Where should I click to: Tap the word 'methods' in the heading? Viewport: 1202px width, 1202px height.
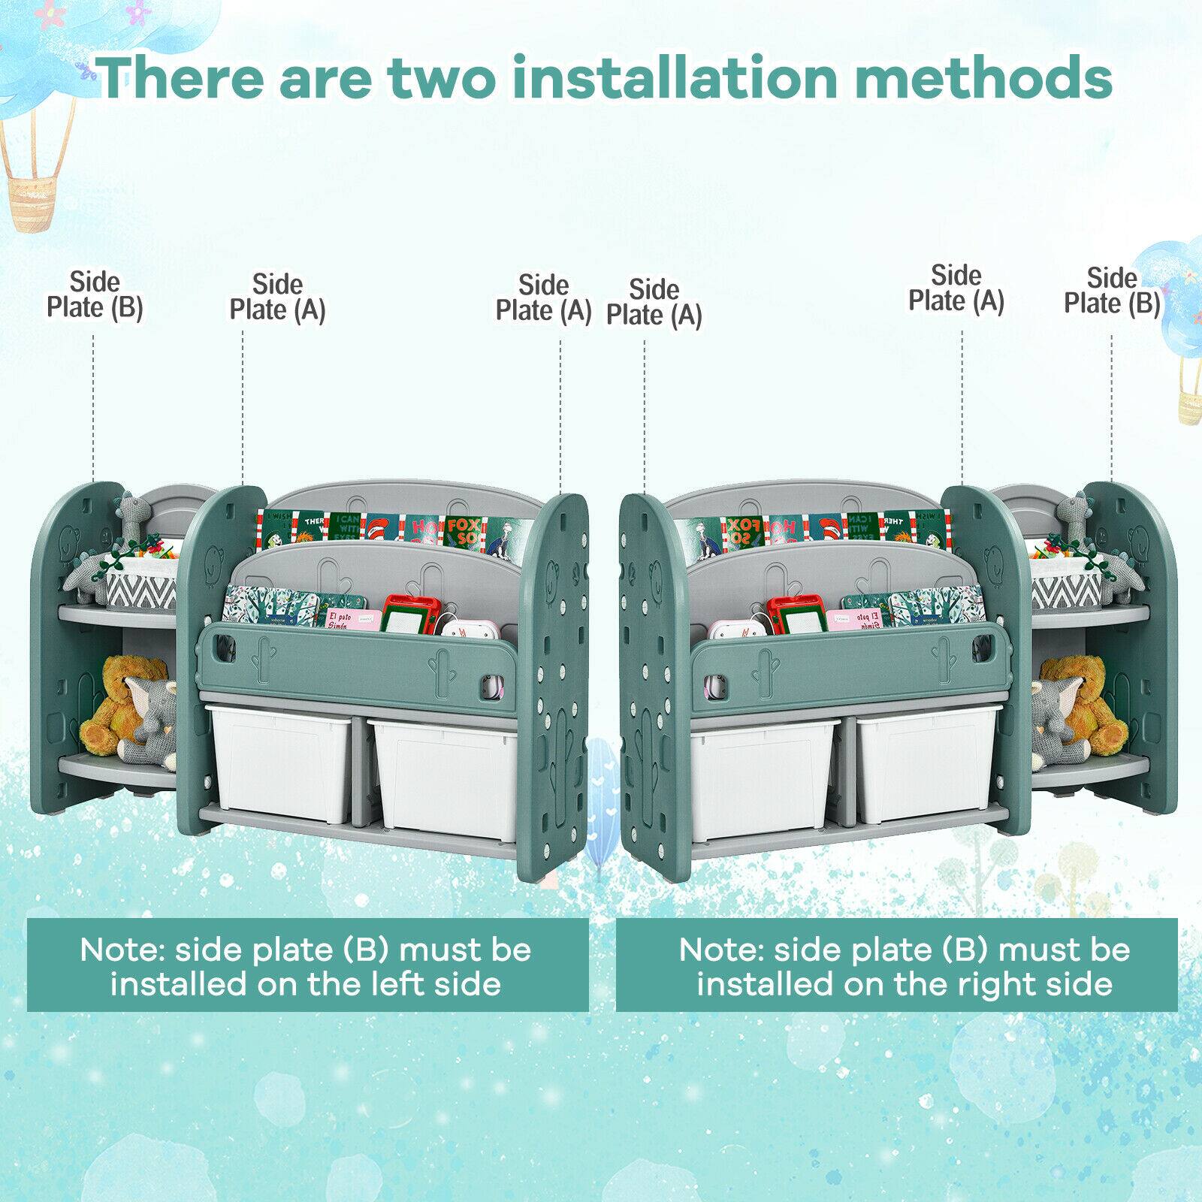983,77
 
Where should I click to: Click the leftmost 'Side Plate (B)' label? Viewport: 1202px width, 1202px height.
95,295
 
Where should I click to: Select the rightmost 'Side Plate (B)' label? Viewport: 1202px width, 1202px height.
1112,291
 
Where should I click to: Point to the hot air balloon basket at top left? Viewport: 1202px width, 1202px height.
33,192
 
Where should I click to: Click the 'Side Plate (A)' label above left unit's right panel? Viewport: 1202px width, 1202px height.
544,298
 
